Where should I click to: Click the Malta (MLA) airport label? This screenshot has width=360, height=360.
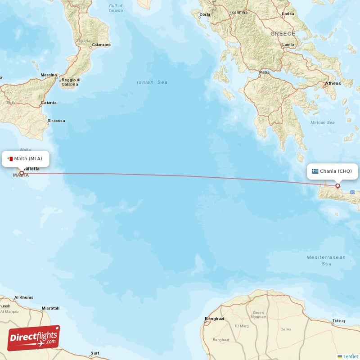tap(28, 158)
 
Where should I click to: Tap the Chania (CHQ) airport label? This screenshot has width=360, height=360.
tap(336, 171)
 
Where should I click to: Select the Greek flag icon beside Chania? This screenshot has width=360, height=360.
tap(315, 171)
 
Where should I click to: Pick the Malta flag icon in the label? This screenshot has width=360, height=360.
tap(10, 158)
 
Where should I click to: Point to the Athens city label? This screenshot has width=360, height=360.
tap(333, 83)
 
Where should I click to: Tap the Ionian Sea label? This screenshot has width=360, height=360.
tap(152, 82)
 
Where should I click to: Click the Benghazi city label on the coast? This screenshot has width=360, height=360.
tap(214, 319)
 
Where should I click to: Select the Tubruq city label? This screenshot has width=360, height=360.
tap(338, 321)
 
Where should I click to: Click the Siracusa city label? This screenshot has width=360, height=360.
tap(56, 121)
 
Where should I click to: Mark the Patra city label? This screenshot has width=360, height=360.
tap(265, 72)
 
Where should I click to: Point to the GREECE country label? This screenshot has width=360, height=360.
tap(283, 34)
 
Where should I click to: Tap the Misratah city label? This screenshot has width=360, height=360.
tap(50, 308)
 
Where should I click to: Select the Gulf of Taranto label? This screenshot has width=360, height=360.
tap(116, 8)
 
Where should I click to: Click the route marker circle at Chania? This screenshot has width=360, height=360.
tap(338, 186)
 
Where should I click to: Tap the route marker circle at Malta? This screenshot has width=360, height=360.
tap(21, 173)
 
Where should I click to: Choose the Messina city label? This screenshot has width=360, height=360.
tap(49, 75)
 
